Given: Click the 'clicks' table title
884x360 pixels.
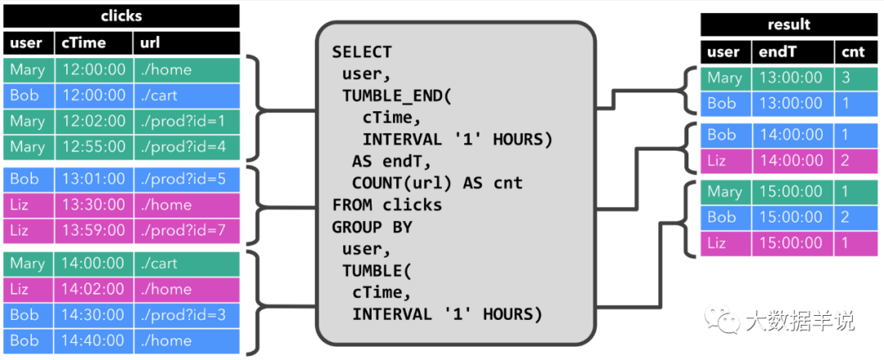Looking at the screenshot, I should pyautogui.click(x=121, y=16).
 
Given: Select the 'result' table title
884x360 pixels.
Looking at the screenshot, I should pyautogui.click(x=789, y=25).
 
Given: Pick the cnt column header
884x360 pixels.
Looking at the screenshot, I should pyautogui.click(x=855, y=52).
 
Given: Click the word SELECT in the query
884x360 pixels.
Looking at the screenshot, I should pyautogui.click(x=362, y=52).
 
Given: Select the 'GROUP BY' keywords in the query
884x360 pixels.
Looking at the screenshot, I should pyautogui.click(x=372, y=226).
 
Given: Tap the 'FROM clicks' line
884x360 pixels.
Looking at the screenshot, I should pyautogui.click(x=386, y=205).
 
